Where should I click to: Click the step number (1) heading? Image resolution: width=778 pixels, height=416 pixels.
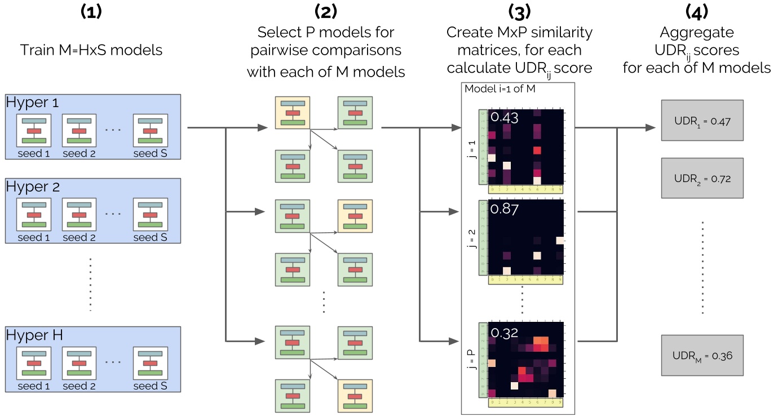pyautogui.click(x=91, y=11)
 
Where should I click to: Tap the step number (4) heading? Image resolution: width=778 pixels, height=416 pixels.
pyautogui.click(x=696, y=11)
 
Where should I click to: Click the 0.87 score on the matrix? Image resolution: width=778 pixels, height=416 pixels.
pyautogui.click(x=503, y=209)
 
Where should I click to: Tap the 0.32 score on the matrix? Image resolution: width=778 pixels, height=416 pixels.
pyautogui.click(x=503, y=332)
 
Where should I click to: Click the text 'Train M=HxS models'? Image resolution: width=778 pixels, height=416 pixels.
pyautogui.click(x=91, y=50)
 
